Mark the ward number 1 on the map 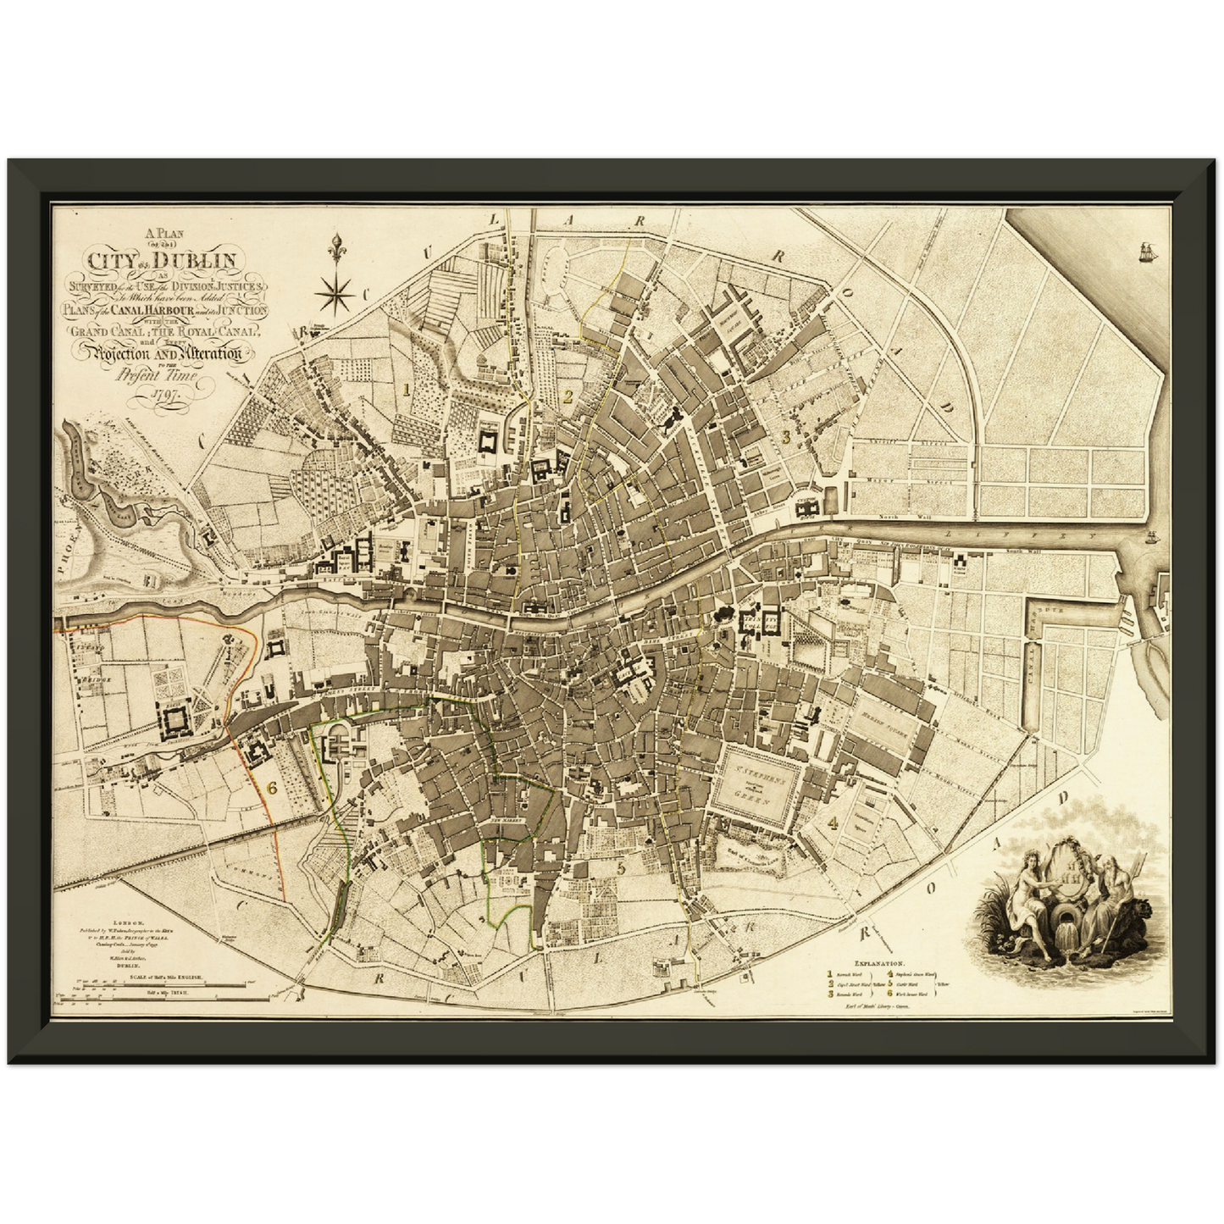pyautogui.click(x=407, y=390)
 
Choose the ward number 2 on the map pyautogui.click(x=568, y=395)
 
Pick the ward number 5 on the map pyautogui.click(x=621, y=867)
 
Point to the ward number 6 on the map pyautogui.click(x=272, y=787)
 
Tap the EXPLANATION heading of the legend pyautogui.click(x=880, y=964)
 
